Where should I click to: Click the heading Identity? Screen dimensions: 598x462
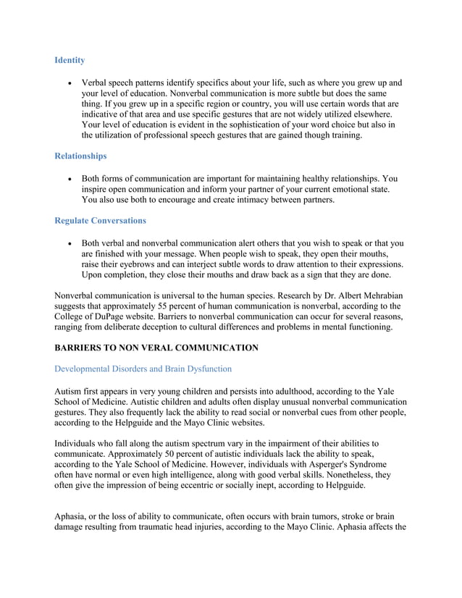pos(70,60)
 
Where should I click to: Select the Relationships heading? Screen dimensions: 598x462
pos(80,156)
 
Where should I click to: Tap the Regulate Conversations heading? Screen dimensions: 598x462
pos(100,220)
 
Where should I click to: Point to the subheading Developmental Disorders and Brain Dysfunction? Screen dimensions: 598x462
pos(143,369)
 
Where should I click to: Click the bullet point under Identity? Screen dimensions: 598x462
pos(68,83)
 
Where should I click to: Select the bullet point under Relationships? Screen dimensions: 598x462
pos(68,179)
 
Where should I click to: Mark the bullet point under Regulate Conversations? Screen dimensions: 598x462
pos(68,243)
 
